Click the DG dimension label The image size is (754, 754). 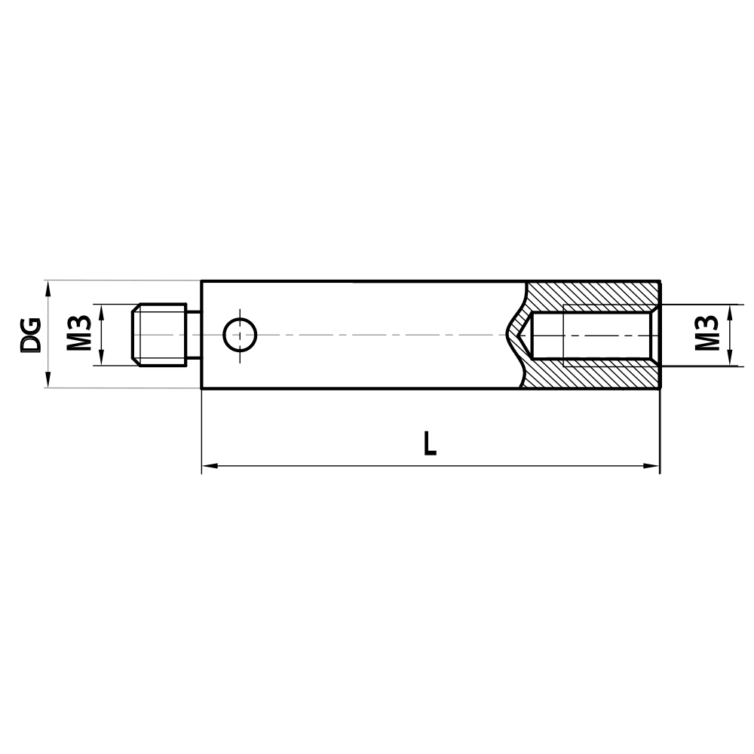point(30,335)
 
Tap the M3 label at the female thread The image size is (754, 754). point(706,335)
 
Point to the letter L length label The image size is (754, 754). point(430,443)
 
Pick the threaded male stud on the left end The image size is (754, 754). point(159,335)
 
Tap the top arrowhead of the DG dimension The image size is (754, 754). point(48,287)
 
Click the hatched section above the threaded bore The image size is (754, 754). point(592,294)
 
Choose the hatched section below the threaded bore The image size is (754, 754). point(592,375)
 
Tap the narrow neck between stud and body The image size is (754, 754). point(195,335)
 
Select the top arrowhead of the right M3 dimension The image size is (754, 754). point(730,311)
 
